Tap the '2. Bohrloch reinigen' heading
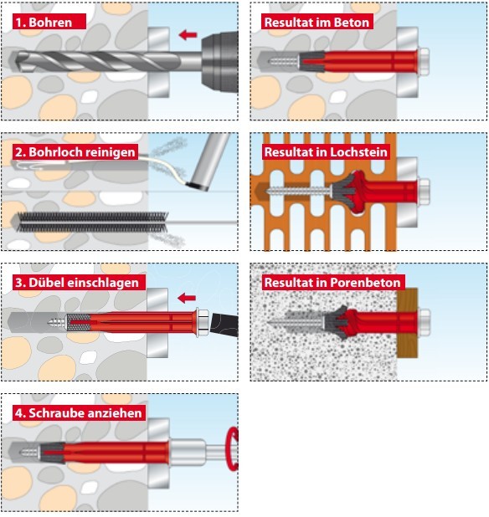coord(75,152)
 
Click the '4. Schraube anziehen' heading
coord(79,412)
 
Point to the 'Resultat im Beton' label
coord(317,22)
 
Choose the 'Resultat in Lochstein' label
coord(326,152)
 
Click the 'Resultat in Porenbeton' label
coord(332,283)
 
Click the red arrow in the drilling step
coord(188,34)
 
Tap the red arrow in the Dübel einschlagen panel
coord(187,298)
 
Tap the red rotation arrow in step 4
coord(232,449)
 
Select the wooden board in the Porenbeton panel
coord(407,323)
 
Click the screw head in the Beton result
coord(424,62)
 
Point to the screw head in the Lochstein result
coord(424,192)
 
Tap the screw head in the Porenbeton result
coord(425,322)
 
